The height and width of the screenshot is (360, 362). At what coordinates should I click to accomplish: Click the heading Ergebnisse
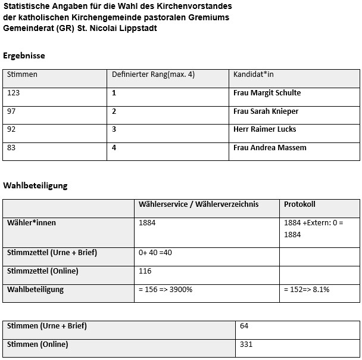tap(24, 55)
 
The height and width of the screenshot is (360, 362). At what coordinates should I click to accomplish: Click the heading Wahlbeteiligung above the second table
tap(35, 185)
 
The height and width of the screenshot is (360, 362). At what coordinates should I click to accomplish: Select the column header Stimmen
tap(22, 75)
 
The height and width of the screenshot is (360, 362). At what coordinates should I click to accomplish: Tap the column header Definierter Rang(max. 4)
tap(153, 75)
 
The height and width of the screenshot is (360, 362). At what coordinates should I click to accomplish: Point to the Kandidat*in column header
tap(254, 75)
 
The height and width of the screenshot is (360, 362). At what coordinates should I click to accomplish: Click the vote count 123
tap(13, 93)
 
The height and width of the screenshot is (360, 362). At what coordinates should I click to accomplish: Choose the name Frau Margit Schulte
tap(267, 93)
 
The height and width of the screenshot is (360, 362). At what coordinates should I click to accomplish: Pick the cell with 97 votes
tap(11, 111)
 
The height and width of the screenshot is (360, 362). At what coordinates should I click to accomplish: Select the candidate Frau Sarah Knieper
tap(266, 111)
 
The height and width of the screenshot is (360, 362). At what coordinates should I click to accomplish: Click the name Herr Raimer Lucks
tap(264, 129)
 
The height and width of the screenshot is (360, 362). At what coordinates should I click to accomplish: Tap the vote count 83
tap(11, 148)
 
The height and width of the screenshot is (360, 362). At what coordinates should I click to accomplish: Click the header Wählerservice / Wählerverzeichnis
tap(198, 204)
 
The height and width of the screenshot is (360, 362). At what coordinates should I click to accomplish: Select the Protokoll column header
tap(299, 204)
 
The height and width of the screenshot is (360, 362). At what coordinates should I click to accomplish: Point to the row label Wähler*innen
tap(31, 223)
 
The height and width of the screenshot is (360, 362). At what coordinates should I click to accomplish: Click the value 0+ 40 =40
tap(155, 253)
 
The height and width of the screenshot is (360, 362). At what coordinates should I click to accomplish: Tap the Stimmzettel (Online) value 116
tap(145, 271)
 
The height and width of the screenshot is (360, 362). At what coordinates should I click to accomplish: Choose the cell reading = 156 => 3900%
tap(165, 290)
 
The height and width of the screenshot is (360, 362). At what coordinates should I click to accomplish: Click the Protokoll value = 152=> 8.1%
tap(307, 290)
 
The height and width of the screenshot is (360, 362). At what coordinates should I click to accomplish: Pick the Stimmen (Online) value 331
tap(246, 345)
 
